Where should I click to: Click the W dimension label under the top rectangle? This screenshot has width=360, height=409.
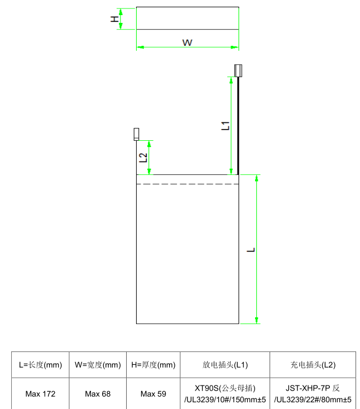click(x=188, y=42)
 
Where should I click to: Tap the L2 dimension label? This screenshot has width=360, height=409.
click(x=143, y=157)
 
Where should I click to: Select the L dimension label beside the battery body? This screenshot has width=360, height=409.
click(x=251, y=249)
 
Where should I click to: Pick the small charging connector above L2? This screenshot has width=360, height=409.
click(x=136, y=134)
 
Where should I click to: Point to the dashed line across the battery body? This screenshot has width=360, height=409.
click(x=188, y=184)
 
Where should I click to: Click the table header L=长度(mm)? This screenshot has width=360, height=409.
click(x=40, y=365)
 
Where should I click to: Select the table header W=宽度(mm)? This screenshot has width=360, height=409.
click(x=98, y=365)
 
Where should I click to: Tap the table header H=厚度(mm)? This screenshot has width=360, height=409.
click(x=153, y=365)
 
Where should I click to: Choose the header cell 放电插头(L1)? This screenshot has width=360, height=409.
click(x=225, y=365)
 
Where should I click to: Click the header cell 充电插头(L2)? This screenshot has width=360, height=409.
click(x=313, y=365)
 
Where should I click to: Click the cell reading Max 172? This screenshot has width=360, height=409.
click(x=40, y=394)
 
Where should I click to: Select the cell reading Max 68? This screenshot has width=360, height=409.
click(x=98, y=394)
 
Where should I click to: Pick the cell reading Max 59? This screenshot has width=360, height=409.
click(x=153, y=394)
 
